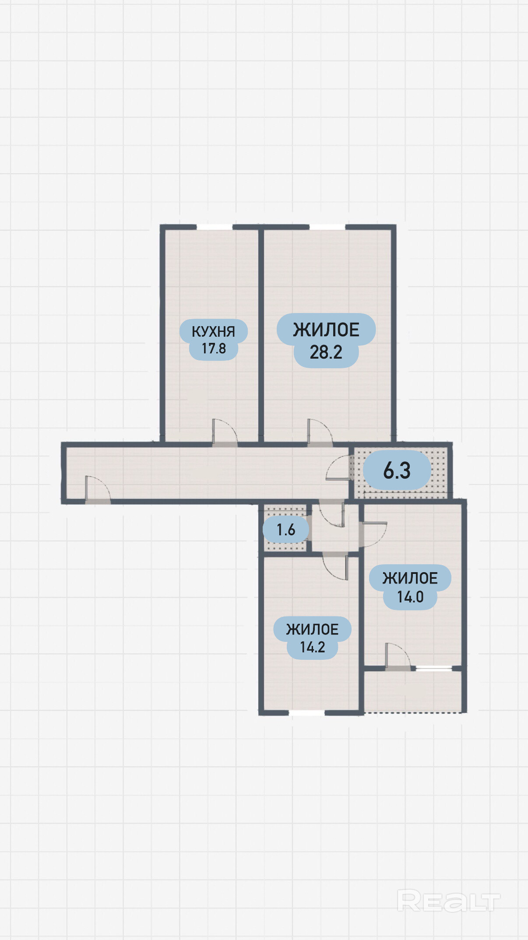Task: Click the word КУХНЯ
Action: point(213,331)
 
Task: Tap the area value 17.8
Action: point(214,349)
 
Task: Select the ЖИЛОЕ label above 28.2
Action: point(326,330)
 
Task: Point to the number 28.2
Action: point(326,352)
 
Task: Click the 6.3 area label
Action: point(397,470)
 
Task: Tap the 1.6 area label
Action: point(286,530)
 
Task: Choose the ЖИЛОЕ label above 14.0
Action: point(410,578)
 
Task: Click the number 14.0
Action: point(410,597)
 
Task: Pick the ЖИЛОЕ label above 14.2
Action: point(312,630)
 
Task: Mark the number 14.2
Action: point(312,647)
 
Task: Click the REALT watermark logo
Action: point(448,901)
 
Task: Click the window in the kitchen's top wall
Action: point(215,227)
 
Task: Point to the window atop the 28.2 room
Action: point(327,227)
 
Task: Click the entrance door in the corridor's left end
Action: point(98,488)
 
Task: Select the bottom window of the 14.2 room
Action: point(307,713)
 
